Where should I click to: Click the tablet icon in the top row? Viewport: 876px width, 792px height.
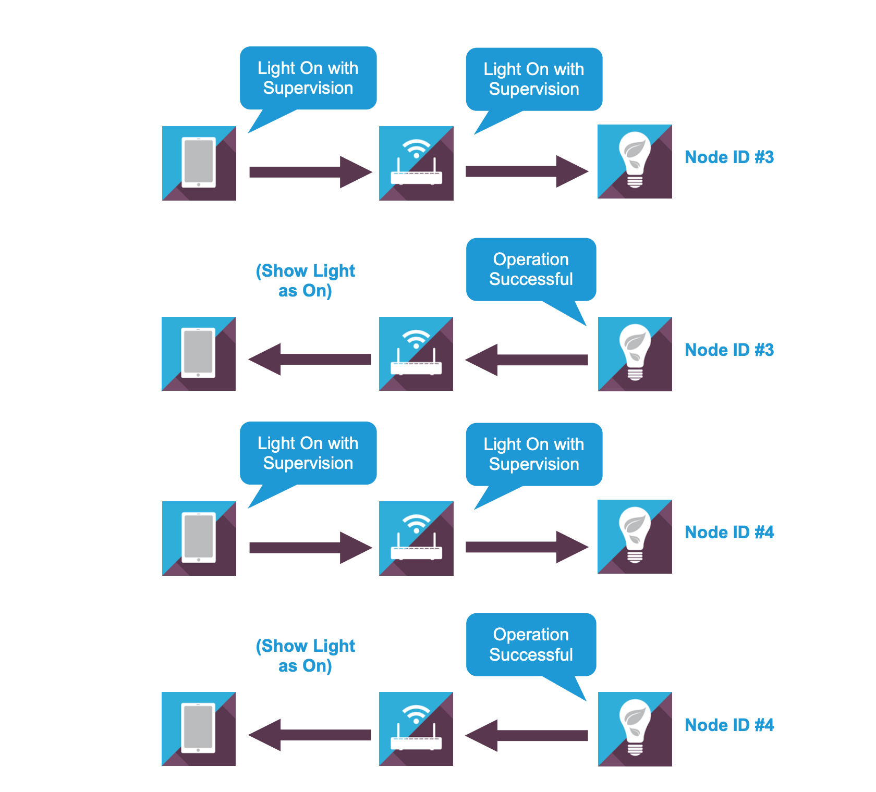[199, 163]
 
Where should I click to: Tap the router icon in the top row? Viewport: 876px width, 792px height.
[416, 163]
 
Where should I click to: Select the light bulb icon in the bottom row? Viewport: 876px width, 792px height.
[635, 729]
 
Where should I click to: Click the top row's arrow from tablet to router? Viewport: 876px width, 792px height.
[310, 172]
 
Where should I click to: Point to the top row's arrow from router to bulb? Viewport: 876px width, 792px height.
[527, 171]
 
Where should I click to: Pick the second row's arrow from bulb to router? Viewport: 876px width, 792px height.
[527, 360]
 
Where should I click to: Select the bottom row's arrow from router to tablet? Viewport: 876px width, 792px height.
[310, 735]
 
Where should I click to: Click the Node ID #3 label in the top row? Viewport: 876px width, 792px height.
[729, 157]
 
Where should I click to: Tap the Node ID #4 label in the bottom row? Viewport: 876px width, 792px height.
[729, 725]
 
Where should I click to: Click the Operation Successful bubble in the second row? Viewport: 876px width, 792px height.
[531, 269]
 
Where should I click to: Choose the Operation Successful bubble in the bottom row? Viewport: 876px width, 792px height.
[531, 645]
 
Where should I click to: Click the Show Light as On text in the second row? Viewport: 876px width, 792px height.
[306, 281]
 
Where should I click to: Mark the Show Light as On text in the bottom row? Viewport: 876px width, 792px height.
[306, 656]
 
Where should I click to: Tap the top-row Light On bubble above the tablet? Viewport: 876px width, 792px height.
[308, 78]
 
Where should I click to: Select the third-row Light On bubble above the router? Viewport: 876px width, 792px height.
[534, 454]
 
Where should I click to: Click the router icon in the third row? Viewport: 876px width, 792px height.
[416, 538]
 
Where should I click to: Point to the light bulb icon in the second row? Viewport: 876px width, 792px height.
[635, 354]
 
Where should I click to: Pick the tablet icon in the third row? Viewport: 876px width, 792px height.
[199, 538]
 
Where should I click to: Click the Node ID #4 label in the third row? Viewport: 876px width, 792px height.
[729, 533]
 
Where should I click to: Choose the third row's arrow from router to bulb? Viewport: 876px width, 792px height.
[527, 547]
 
